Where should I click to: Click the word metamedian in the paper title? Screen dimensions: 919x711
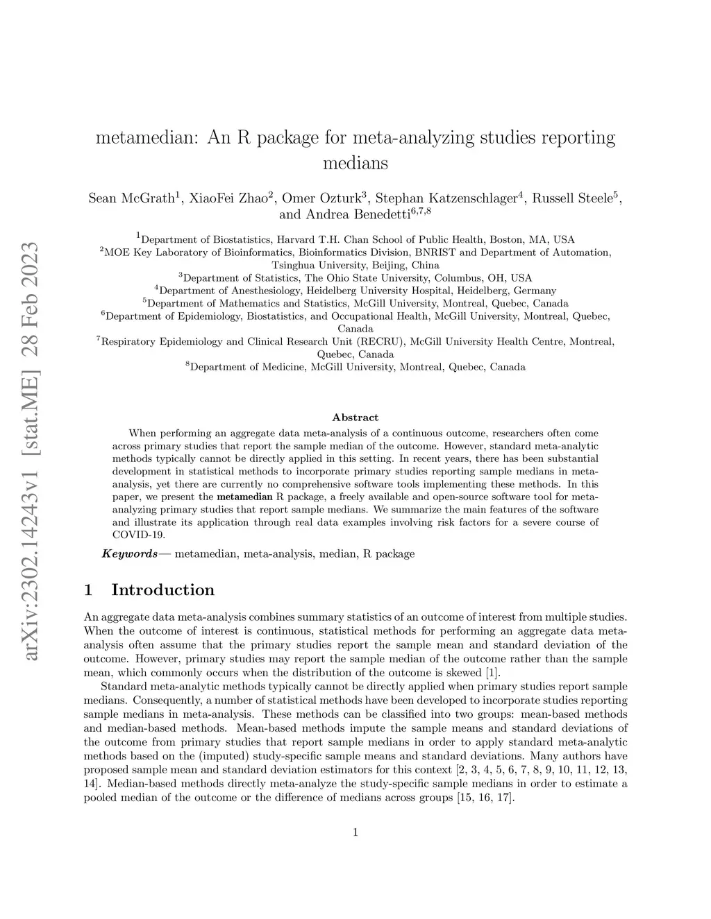(147, 137)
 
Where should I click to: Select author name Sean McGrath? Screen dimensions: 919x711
(129, 198)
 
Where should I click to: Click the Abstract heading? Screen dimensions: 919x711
(355, 418)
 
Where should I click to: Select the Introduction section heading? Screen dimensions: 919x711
(162, 590)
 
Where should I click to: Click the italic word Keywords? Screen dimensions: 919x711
(130, 553)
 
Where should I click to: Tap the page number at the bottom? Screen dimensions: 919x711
(355, 832)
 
